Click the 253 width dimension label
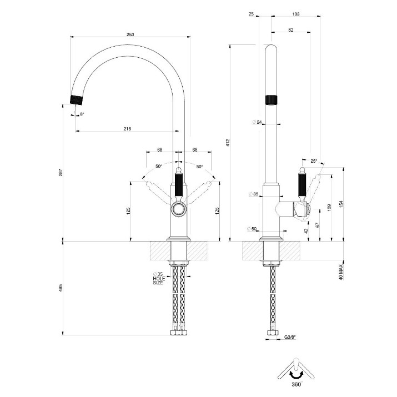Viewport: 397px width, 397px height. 130,34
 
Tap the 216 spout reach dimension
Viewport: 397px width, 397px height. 127,129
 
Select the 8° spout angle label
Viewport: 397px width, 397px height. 82,114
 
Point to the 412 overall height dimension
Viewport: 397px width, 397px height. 228,143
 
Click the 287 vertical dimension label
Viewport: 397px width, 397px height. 61,173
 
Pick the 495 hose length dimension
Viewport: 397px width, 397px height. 61,288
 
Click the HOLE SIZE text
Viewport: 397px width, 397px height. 159,281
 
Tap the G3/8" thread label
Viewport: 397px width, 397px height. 290,337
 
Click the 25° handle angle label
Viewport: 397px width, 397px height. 314,161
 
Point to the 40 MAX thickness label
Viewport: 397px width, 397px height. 341,272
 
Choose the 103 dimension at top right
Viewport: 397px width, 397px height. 296,14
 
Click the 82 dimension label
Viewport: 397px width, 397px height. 290,30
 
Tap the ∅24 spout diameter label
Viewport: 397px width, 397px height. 257,122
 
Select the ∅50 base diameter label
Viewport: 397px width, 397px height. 252,229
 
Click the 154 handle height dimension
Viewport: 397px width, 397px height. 341,204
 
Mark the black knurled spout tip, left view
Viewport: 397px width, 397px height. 77,100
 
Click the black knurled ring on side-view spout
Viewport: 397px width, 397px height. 271,100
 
